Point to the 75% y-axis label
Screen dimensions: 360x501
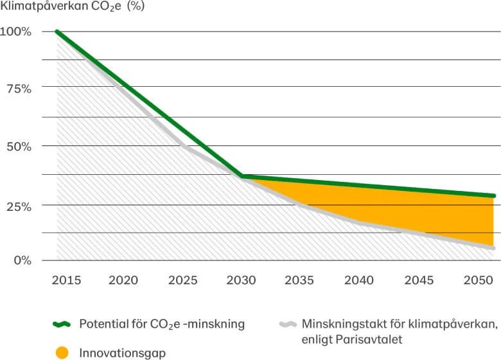pyautogui.click(x=19, y=89)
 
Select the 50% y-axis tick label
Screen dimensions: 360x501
pyautogui.click(x=19, y=146)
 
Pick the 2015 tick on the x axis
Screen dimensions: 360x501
pyautogui.click(x=66, y=280)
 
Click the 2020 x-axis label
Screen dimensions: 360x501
pyautogui.click(x=123, y=280)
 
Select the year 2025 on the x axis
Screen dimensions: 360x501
pyautogui.click(x=182, y=280)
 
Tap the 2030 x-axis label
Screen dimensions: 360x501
pyautogui.click(x=241, y=280)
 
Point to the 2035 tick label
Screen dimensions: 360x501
pyautogui.click(x=299, y=280)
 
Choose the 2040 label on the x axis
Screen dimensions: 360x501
pyautogui.click(x=359, y=280)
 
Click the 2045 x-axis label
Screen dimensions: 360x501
pyautogui.click(x=418, y=280)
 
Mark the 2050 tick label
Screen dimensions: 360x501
pyautogui.click(x=477, y=280)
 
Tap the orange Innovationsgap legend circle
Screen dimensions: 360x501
pyautogui.click(x=62, y=353)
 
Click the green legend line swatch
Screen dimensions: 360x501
pyautogui.click(x=62, y=324)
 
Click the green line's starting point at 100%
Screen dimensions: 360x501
pyautogui.click(x=58, y=32)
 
